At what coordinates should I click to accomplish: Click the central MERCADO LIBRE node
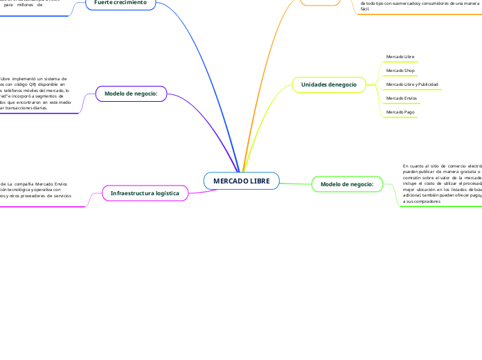241,181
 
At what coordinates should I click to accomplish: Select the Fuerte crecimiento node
120,3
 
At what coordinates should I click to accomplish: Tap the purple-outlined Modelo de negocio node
131,93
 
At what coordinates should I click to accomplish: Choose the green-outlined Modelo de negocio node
347,184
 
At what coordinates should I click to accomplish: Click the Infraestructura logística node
145,192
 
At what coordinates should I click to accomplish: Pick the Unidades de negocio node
328,84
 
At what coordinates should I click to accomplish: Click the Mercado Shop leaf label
400,71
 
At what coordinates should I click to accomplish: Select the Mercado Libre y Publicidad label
412,84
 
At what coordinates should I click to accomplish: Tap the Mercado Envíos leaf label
401,98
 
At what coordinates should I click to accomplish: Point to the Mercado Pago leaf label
399,111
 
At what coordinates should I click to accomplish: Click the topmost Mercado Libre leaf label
400,57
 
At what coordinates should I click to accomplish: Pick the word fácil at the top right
365,9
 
